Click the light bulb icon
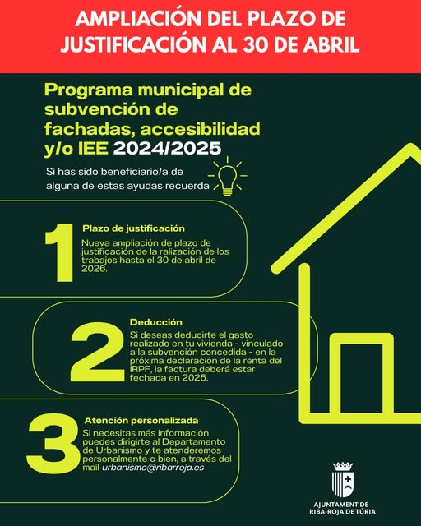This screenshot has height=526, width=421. point(226,177)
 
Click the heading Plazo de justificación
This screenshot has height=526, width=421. point(133,228)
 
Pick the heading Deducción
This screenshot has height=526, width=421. point(156,322)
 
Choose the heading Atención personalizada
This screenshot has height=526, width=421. point(141,419)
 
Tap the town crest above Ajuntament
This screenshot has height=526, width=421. point(341,479)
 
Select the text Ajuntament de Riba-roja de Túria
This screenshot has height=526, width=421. point(341,510)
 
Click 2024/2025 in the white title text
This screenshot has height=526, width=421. point(180,149)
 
